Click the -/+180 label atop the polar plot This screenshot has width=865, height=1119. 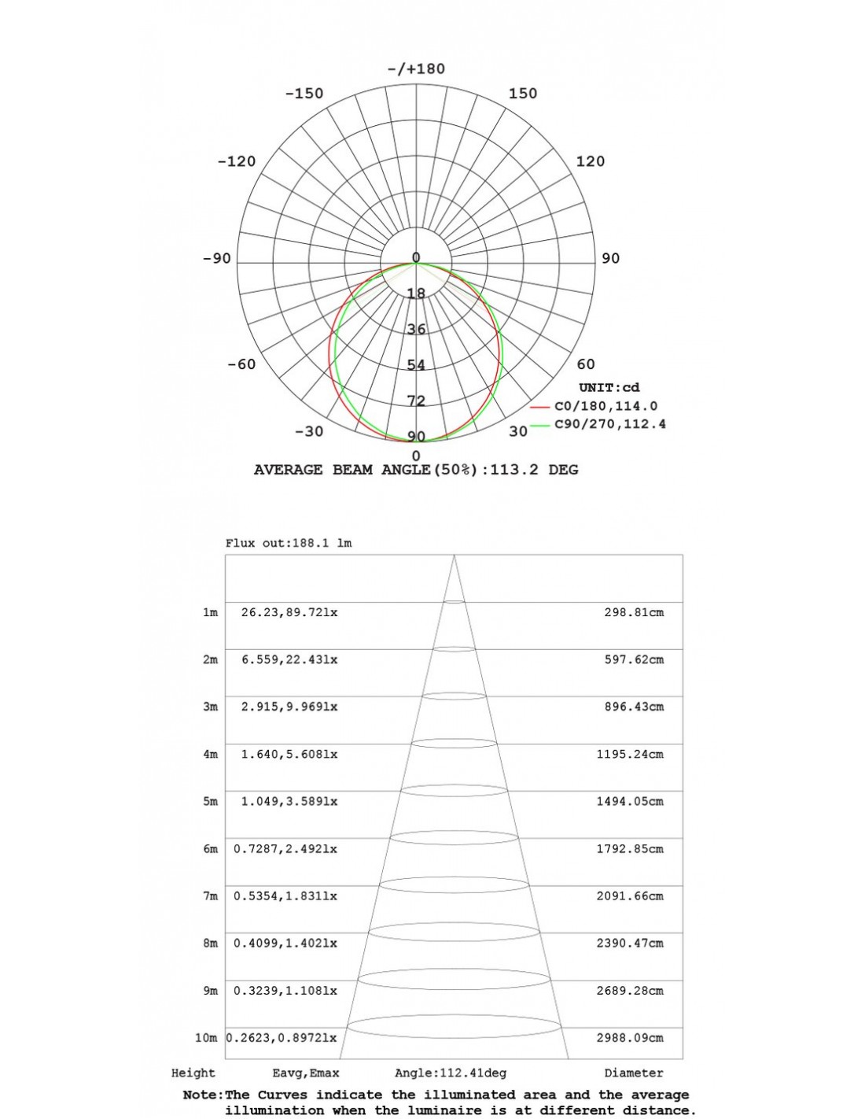click(x=416, y=68)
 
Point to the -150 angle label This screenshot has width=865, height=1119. click(x=304, y=93)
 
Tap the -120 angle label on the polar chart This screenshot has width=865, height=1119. click(x=237, y=161)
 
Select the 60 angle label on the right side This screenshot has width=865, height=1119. click(x=586, y=364)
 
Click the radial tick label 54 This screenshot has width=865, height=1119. click(x=416, y=365)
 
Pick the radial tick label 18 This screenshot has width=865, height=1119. click(x=416, y=294)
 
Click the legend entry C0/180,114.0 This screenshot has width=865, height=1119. click(x=605, y=406)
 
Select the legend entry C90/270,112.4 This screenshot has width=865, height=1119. click(x=610, y=425)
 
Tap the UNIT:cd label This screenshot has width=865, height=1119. click(x=609, y=387)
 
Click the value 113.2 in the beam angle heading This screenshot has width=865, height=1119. click(x=515, y=470)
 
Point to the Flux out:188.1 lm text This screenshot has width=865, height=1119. click(x=289, y=543)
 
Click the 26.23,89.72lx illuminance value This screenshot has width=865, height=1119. click(x=289, y=612)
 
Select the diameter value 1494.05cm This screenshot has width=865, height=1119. click(x=629, y=801)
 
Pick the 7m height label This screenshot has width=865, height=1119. click(x=210, y=896)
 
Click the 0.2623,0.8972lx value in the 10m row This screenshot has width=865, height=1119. click(x=282, y=1038)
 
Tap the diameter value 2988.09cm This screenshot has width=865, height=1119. click(x=629, y=1038)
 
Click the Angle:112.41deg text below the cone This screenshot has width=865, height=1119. click(x=451, y=1073)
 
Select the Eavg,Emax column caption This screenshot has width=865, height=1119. click(x=306, y=1073)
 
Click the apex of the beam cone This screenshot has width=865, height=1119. click(x=455, y=557)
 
